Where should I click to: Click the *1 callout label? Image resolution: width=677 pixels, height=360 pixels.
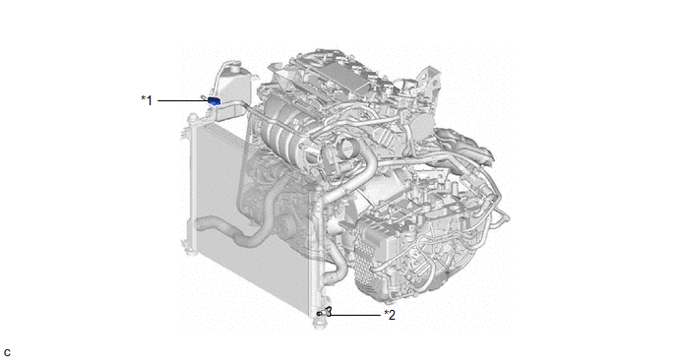[147, 100]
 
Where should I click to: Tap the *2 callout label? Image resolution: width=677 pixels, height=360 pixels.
[390, 315]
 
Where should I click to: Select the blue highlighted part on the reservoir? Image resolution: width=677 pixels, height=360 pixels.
[215, 101]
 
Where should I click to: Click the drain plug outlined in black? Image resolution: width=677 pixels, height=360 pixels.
[325, 311]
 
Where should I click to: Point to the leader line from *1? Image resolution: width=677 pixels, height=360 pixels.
[183, 100]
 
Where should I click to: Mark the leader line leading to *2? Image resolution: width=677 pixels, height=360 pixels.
[355, 315]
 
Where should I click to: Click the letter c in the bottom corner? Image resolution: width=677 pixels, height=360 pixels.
[7, 353]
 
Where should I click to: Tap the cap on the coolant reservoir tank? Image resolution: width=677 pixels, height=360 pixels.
[233, 66]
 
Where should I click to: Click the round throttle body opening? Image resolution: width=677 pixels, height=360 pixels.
[348, 149]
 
